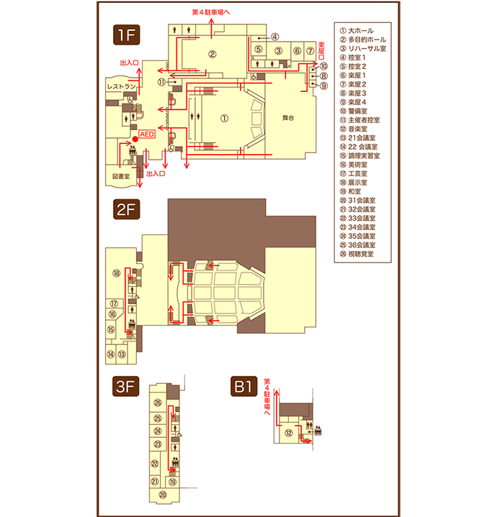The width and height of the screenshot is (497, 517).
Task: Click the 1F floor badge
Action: coord(127,35)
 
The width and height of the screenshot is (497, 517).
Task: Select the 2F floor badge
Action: coord(127,209)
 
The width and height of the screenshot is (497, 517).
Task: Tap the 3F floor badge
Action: coord(125,386)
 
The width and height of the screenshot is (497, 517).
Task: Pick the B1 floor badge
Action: coord(243,386)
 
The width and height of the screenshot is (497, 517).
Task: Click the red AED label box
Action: coord(147,134)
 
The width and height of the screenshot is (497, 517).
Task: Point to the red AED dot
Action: coord(135,139)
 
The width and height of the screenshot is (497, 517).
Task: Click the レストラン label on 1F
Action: coord(122,87)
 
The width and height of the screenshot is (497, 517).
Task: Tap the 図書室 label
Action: coord(121,176)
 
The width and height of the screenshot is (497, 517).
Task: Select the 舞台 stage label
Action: coord(288,118)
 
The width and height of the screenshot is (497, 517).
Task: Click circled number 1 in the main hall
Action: coord(224,118)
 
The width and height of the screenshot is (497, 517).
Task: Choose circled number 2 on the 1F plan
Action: coord(212,54)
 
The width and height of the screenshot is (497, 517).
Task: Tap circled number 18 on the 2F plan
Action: coord(116,273)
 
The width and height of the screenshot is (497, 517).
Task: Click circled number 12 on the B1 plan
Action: coord(289,433)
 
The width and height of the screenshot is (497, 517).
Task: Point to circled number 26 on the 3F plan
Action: coord(158,403)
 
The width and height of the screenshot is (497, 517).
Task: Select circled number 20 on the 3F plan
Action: coord(163,495)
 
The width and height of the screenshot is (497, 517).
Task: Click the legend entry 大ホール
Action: coord(357,31)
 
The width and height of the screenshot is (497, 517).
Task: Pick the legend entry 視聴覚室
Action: coord(357,254)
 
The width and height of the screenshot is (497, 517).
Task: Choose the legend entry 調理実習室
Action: coord(360,155)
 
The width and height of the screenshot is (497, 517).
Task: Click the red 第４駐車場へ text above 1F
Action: coord(211,12)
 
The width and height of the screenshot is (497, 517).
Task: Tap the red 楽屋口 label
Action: coord(321,50)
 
